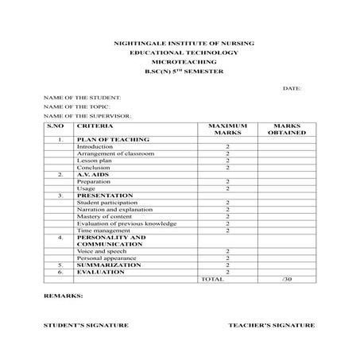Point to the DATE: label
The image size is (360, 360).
pyautogui.click(x=292, y=87)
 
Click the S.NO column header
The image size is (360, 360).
pyautogui.click(x=55, y=126)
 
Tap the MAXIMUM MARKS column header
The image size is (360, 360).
pyautogui.click(x=227, y=130)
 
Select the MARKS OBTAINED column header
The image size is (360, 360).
pyautogui.click(x=286, y=130)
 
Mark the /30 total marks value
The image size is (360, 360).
pyautogui.click(x=287, y=279)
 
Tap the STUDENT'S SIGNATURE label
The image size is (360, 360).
pyautogui.click(x=86, y=325)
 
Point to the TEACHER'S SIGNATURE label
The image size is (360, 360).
pyautogui.click(x=271, y=325)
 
